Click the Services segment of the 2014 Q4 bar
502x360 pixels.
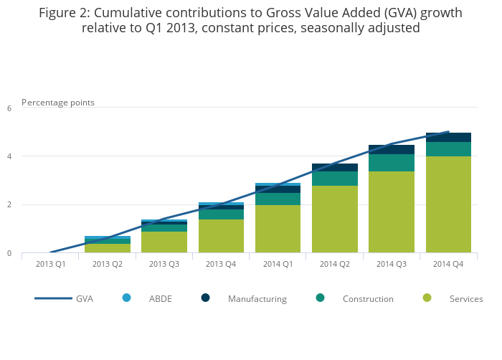click(x=448, y=204)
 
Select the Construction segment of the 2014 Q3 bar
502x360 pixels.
click(x=392, y=163)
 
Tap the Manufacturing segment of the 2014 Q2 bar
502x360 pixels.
click(x=335, y=167)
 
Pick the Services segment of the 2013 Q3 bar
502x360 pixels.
click(x=164, y=242)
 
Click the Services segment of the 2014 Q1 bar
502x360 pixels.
click(x=278, y=229)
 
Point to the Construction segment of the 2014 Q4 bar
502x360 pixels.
click(x=448, y=149)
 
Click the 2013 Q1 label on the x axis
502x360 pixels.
click(x=50, y=264)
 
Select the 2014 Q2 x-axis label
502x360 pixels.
click(x=335, y=264)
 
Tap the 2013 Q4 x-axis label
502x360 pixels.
click(x=221, y=264)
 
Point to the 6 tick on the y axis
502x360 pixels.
click(x=9, y=108)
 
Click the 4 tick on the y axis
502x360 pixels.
click(x=9, y=156)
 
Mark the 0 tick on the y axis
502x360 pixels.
click(x=9, y=253)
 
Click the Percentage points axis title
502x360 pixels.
click(x=58, y=103)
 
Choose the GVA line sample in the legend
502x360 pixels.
click(x=53, y=298)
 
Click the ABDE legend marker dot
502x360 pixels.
click(x=127, y=298)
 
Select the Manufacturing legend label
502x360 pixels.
click(x=257, y=299)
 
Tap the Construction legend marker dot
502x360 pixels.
click(x=320, y=298)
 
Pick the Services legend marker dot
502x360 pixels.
click(x=427, y=298)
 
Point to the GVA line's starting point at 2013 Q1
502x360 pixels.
click(x=50, y=252)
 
